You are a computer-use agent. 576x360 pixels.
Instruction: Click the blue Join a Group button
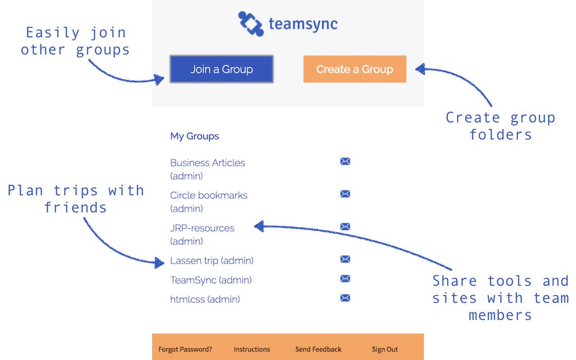[221, 69]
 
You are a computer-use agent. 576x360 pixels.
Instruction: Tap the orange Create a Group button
[354, 69]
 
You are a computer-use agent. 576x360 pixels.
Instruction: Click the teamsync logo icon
[251, 24]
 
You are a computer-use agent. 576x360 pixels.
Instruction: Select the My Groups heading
[194, 136]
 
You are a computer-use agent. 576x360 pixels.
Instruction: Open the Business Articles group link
[207, 163]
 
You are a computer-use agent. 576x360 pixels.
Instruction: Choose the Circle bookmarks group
[209, 196]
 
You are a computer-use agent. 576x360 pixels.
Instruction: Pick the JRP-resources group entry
[202, 228]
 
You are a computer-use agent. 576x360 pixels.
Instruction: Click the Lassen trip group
[212, 261]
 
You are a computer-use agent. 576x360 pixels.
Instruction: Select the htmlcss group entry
[205, 300]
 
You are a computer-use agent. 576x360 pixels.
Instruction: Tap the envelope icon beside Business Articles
[345, 161]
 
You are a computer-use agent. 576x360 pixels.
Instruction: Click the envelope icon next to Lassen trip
[345, 259]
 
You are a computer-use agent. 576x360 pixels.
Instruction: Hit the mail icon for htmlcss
[345, 298]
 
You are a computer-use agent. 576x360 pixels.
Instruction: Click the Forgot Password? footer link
[185, 349]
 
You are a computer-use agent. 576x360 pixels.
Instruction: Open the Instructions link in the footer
[252, 349]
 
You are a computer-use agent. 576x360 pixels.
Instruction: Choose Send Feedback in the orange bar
[318, 349]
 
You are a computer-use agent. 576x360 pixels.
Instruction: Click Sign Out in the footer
[384, 349]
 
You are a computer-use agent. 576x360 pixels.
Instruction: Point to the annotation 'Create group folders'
[500, 126]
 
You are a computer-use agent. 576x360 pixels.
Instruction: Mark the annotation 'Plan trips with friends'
[75, 199]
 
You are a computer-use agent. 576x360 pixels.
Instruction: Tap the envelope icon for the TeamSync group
[345, 279]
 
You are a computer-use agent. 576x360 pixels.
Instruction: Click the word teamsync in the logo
[303, 24]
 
